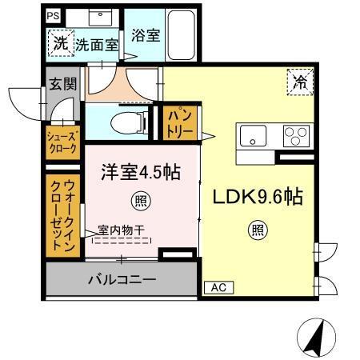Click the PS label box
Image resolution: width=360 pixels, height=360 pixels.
pos(53,15)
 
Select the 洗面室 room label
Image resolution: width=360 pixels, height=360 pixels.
pos(97,46)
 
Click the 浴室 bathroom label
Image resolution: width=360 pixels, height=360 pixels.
pos(146,35)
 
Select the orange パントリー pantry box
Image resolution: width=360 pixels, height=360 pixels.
pos(178,122)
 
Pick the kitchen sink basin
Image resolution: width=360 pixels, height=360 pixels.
pos(253,136)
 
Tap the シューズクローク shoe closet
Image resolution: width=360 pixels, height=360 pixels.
pos(61,142)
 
